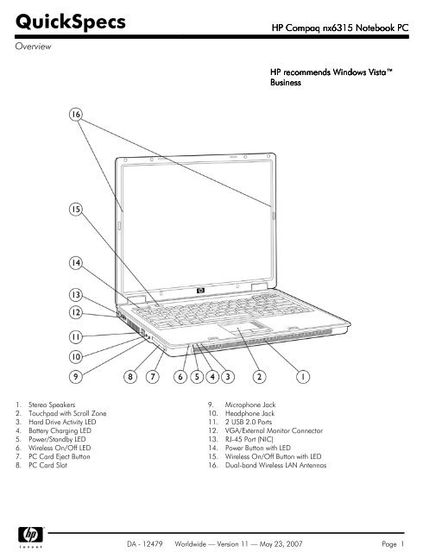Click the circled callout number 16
click(76, 114)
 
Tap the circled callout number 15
click(76, 209)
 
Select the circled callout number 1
click(302, 377)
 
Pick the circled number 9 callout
click(76, 377)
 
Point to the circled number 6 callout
click(180, 377)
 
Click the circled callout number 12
click(76, 312)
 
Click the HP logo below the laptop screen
click(200, 291)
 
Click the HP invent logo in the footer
click(31, 537)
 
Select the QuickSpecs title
click(71, 22)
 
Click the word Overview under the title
click(33, 46)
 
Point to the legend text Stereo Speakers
click(52, 405)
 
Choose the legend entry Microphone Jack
click(250, 405)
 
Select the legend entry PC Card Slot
click(47, 465)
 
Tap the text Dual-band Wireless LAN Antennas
click(275, 465)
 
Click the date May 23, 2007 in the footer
click(281, 544)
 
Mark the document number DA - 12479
click(145, 544)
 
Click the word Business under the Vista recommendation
click(286, 83)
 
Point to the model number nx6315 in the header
click(338, 28)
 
